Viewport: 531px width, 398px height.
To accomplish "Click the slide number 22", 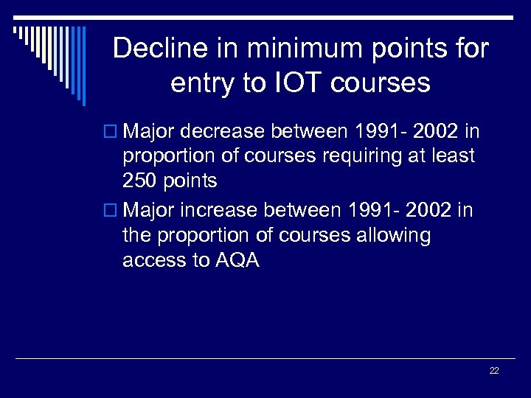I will [494, 371].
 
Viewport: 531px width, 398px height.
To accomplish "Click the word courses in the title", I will [380, 83].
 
